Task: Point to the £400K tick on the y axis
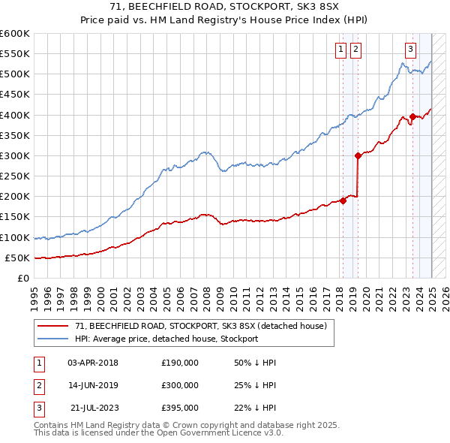pos(15,115)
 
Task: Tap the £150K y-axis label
pos(15,217)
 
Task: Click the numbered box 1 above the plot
pos(340,50)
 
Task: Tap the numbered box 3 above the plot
pos(411,50)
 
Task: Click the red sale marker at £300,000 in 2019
pos(358,155)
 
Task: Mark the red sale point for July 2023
pos(413,116)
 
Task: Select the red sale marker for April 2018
pos(343,200)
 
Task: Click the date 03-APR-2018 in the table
pos(93,363)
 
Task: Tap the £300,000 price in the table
pos(180,385)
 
